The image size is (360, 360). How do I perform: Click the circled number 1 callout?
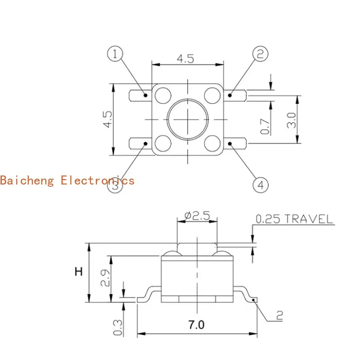point(115,54)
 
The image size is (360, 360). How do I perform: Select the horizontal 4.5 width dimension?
point(187,59)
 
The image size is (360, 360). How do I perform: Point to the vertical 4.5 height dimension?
point(107,120)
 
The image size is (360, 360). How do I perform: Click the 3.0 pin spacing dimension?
point(292,120)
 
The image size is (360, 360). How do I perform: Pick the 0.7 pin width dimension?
point(265,126)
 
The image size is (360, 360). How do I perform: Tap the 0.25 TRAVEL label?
point(294,219)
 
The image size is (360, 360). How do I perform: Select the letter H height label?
point(79,272)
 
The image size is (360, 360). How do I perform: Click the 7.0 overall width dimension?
point(196,324)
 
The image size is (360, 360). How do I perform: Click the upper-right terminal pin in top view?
point(235,95)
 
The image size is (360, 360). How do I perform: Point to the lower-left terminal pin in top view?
point(139,144)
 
